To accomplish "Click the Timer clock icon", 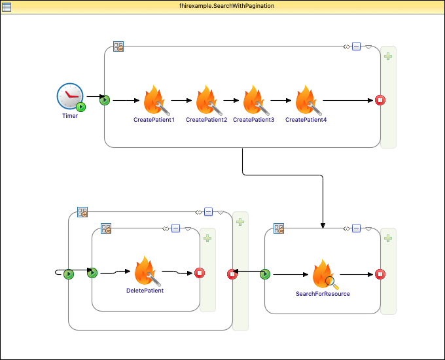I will coord(70,97).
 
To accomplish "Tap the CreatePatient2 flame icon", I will coord(207,101).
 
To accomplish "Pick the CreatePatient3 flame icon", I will coord(254,101).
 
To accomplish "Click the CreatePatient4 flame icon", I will coord(306,101).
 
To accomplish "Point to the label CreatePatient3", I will coord(254,120).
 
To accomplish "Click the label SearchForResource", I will coord(323,294).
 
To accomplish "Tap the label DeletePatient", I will coord(145,290).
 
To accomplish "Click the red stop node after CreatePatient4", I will coord(380,100).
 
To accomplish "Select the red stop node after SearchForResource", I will coord(380,274).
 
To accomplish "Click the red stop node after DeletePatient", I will coord(200,273).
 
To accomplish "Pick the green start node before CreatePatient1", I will coord(105,100).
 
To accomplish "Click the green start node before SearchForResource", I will coord(265,274).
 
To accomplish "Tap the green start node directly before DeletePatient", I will coord(92,273).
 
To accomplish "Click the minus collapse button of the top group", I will coord(356,46).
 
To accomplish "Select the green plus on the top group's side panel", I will coord(388,56).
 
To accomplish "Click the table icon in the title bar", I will coord(7,6).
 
